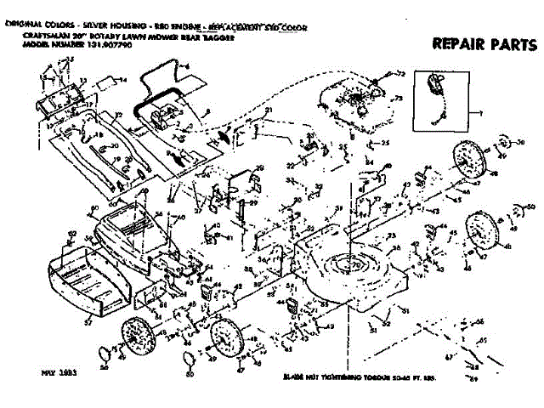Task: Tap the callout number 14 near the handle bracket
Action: [122, 80]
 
